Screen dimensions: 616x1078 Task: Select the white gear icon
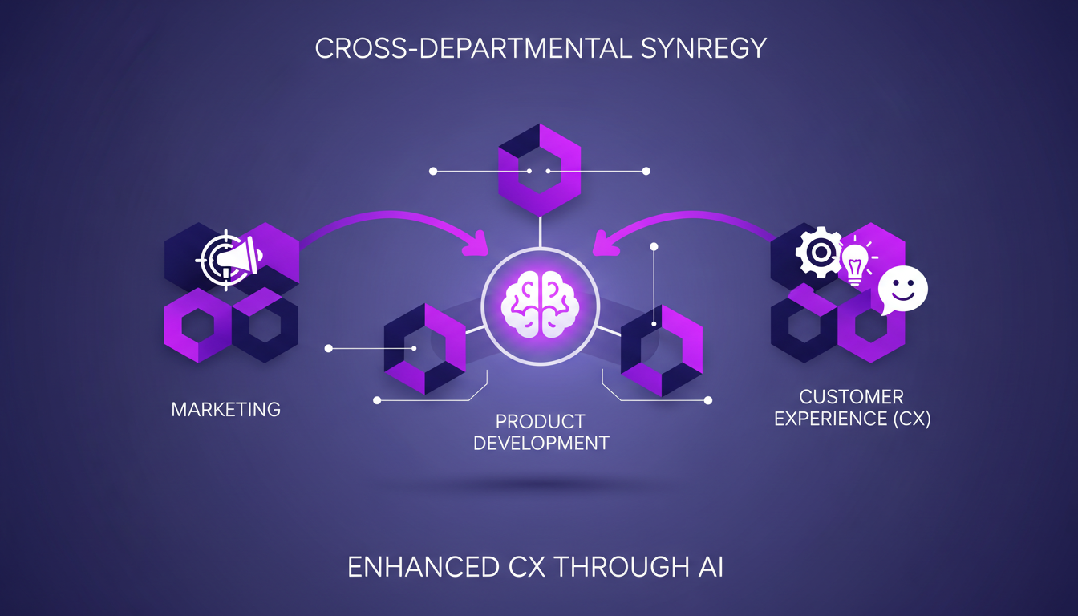[819, 253]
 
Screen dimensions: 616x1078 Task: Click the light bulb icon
[855, 261]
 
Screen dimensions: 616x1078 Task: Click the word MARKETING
[226, 409]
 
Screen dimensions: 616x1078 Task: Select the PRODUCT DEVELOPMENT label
[541, 432]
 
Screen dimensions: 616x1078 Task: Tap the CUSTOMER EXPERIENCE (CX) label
[852, 407]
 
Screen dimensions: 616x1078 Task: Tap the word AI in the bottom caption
[709, 568]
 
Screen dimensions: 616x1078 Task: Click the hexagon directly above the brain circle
[539, 171]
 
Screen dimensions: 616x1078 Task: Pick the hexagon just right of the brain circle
[662, 351]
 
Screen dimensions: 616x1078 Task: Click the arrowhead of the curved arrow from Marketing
[479, 242]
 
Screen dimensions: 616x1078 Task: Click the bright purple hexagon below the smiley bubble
[872, 325]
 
